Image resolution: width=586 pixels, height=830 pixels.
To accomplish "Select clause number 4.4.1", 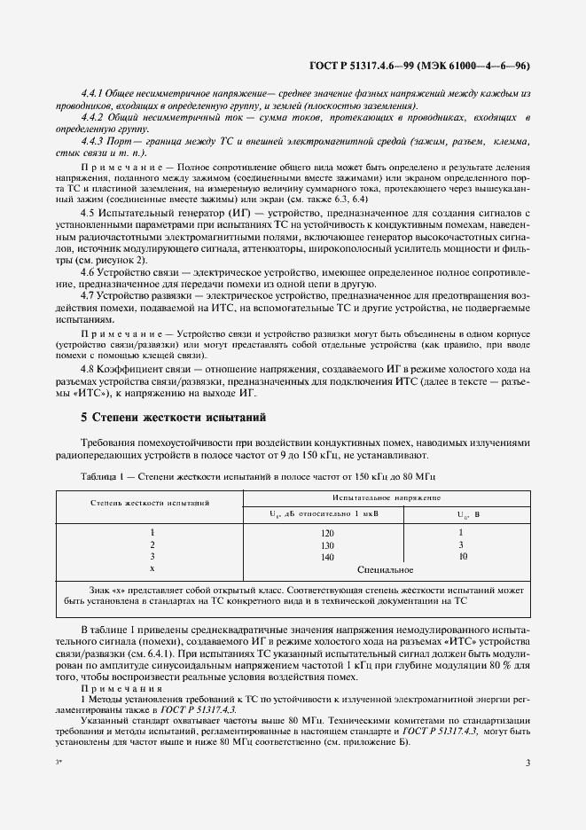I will (x=92, y=93).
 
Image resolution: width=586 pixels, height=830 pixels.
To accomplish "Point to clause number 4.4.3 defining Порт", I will (x=92, y=141).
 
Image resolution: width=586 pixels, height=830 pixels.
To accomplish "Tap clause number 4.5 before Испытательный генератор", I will (x=88, y=214).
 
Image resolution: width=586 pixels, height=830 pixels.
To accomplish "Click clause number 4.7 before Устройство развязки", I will (x=88, y=294).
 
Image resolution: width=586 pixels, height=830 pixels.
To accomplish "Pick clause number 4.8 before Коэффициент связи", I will (x=88, y=368).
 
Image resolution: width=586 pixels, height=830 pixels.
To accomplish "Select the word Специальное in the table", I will (x=387, y=569).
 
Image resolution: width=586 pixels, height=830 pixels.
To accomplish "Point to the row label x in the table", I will (x=152, y=568).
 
